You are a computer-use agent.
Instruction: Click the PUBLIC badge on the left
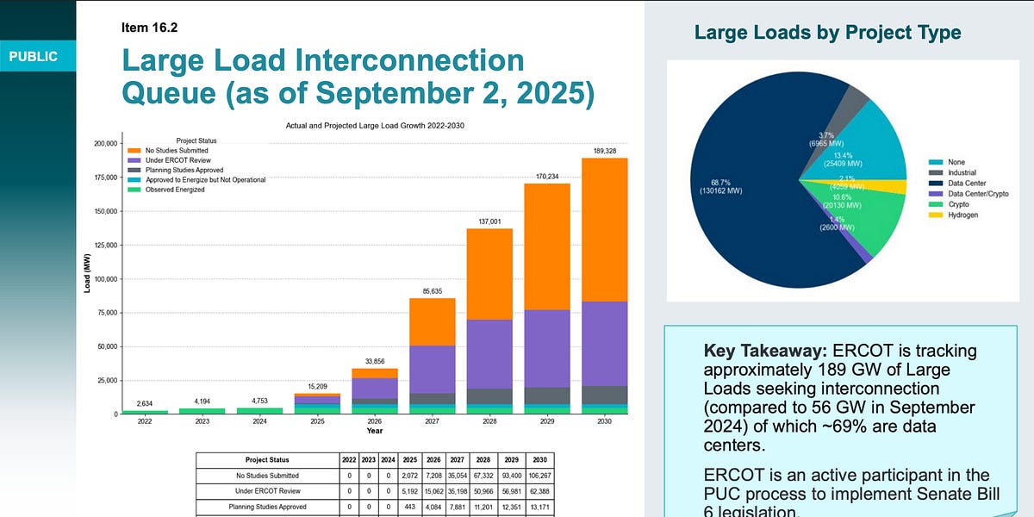click(x=34, y=57)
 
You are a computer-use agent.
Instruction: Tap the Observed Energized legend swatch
click(x=134, y=189)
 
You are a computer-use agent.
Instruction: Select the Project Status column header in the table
click(x=266, y=459)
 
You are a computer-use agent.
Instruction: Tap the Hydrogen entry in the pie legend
click(x=962, y=215)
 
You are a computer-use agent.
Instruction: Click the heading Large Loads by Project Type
click(x=827, y=34)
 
